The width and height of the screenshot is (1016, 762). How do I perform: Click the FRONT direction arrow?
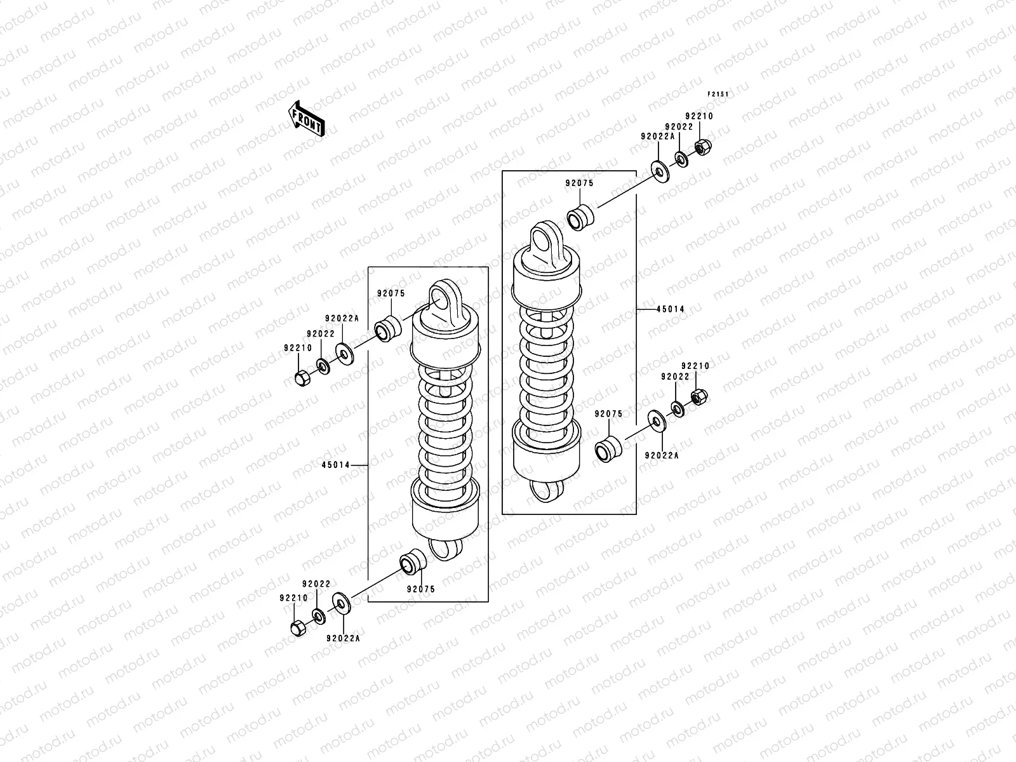point(307,119)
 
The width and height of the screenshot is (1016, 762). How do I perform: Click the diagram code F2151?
point(719,94)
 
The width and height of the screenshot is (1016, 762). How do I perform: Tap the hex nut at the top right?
point(702,148)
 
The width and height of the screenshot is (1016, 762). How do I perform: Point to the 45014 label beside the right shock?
point(671,309)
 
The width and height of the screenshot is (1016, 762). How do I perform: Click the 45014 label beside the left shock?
point(335,465)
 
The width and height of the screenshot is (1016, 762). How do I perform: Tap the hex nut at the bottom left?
point(297,628)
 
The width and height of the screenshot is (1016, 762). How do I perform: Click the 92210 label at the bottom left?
point(293,598)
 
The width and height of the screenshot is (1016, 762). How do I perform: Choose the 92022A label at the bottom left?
point(344,638)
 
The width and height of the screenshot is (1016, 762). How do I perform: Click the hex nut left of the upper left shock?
point(302,378)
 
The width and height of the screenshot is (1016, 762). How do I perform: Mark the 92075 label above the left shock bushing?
point(391,293)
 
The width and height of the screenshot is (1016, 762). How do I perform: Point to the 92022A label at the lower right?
point(662,455)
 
